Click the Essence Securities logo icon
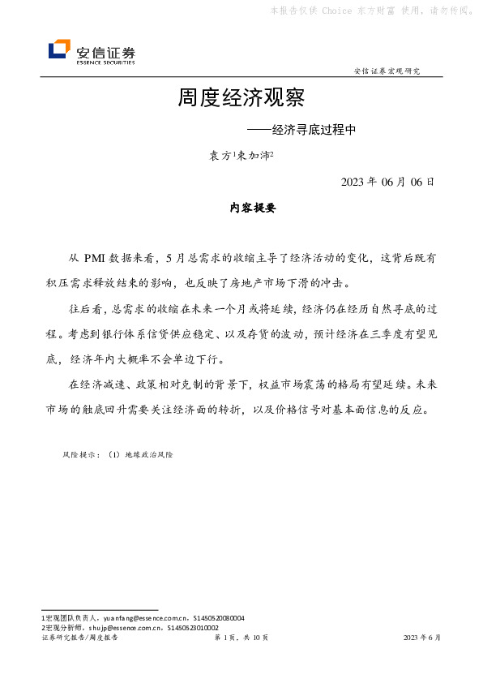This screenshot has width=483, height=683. (59, 50)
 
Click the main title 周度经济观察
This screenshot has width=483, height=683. (241, 98)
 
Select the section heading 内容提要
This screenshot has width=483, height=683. (254, 208)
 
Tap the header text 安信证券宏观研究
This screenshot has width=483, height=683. (387, 71)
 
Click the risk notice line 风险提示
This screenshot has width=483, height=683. (118, 455)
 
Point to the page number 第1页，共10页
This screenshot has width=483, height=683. (241, 638)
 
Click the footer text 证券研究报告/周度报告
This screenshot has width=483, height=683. (79, 638)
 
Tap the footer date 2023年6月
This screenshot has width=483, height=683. (422, 638)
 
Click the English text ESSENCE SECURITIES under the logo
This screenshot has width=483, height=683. (105, 62)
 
